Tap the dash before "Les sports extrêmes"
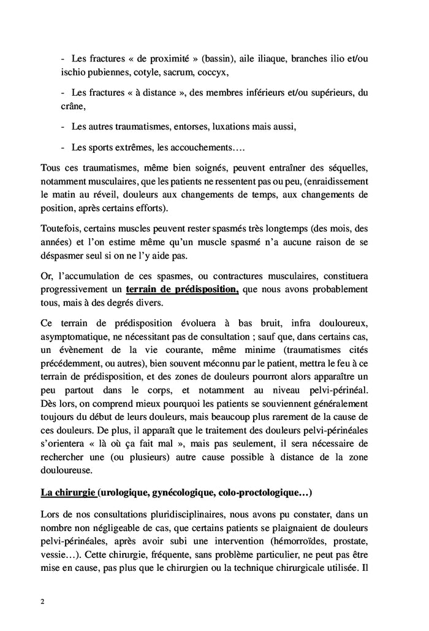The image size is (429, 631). click(x=64, y=148)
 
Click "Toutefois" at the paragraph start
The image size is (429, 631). click(x=62, y=229)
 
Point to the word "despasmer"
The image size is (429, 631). click(x=64, y=256)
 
